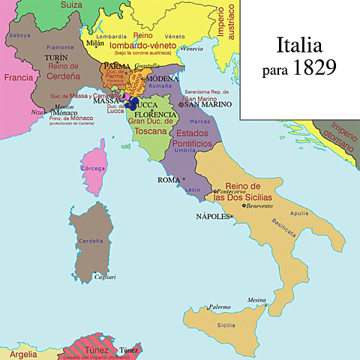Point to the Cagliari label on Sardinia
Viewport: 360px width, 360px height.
point(104,277)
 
